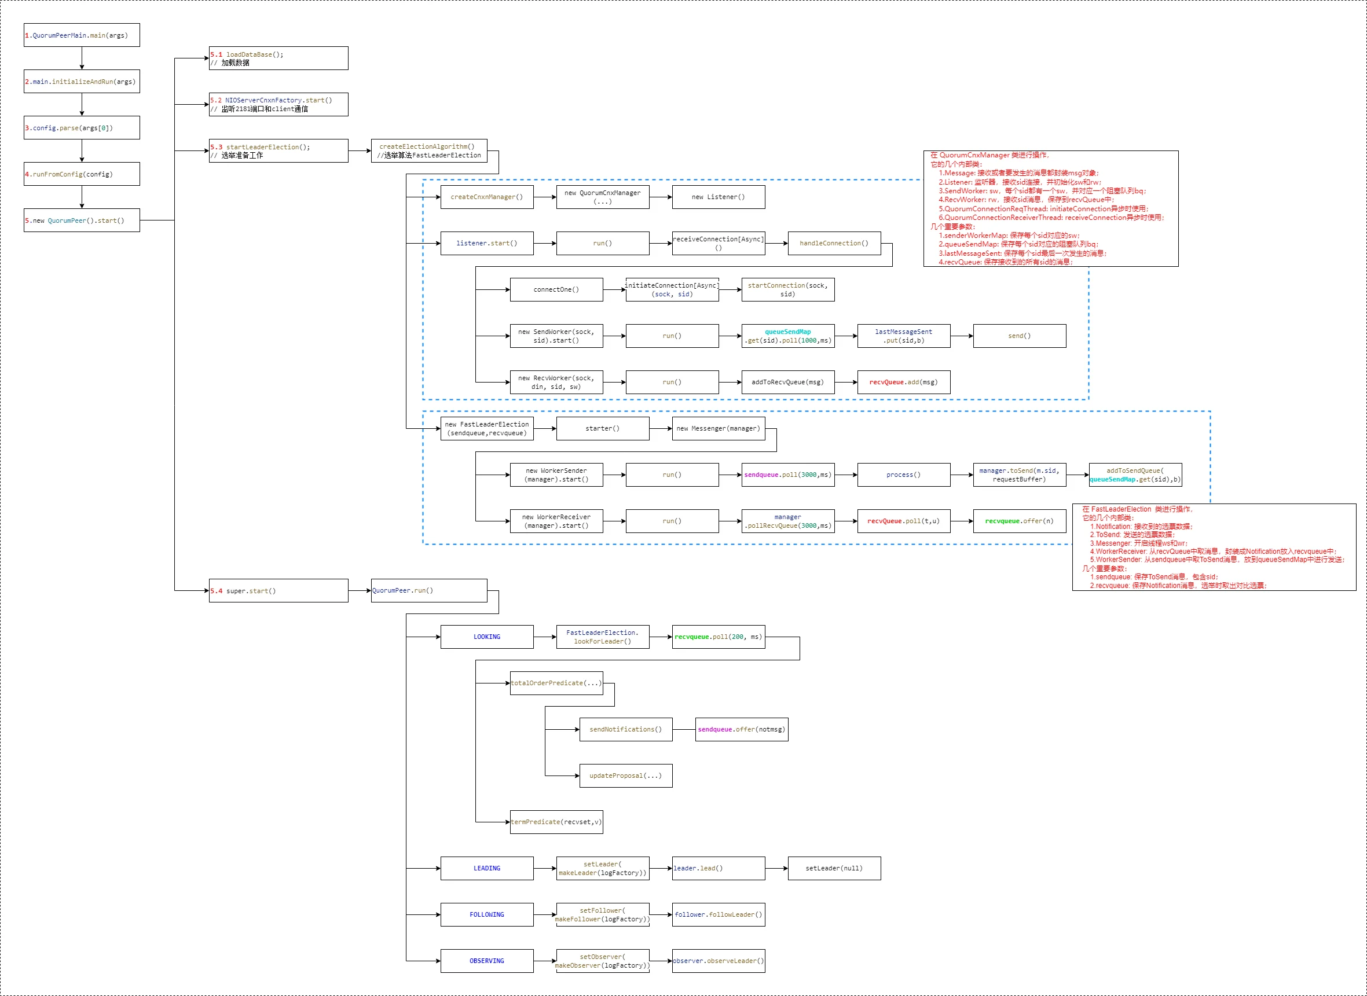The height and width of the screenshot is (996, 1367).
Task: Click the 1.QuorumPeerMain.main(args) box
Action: [82, 35]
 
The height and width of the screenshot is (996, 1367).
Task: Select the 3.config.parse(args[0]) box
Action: [82, 128]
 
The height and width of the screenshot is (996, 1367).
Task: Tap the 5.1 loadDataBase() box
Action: [278, 58]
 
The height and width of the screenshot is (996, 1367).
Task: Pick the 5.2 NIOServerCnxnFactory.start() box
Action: [278, 104]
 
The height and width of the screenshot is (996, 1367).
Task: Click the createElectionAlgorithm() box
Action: [428, 150]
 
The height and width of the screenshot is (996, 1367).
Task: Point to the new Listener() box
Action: [718, 197]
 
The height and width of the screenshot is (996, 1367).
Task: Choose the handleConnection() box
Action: [834, 244]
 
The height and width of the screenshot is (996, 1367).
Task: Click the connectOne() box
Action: [556, 290]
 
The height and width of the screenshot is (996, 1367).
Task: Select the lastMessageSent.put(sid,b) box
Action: [903, 336]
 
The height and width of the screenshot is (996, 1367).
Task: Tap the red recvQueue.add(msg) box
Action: [903, 382]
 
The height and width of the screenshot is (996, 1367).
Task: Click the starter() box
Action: [602, 429]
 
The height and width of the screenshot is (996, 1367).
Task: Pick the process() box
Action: [903, 475]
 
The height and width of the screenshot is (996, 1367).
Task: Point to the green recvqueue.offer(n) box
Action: [1019, 521]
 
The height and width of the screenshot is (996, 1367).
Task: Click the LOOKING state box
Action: [486, 637]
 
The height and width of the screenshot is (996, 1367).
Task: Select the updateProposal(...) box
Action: [625, 776]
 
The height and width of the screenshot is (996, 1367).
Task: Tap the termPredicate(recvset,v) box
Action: [556, 822]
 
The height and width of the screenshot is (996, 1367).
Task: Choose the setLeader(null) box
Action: [834, 869]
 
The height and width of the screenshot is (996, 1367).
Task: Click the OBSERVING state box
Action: [486, 961]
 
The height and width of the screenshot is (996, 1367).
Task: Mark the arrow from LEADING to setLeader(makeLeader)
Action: [544, 869]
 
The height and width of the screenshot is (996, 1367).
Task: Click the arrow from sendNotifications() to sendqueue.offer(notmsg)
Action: [684, 730]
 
